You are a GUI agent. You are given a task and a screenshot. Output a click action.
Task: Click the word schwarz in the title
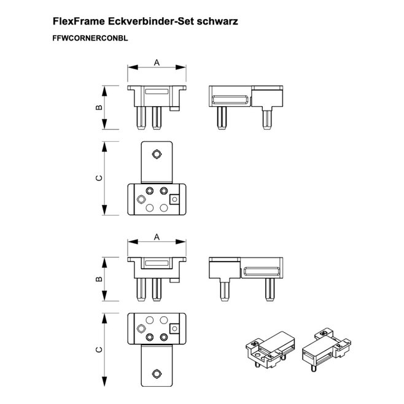(x=217, y=21)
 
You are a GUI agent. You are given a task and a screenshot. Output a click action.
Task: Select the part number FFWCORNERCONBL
(x=90, y=38)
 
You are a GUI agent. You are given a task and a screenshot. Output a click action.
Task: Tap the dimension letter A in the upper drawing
(x=157, y=63)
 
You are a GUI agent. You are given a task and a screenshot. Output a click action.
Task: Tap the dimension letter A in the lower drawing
(x=157, y=237)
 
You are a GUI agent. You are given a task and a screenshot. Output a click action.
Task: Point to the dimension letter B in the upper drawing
(x=99, y=107)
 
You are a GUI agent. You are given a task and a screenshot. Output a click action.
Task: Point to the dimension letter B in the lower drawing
(x=99, y=279)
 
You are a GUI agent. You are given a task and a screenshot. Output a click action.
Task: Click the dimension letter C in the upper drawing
(x=99, y=178)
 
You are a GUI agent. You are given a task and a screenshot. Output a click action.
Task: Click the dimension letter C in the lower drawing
(x=99, y=349)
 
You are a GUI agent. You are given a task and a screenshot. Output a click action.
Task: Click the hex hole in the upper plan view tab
(x=157, y=154)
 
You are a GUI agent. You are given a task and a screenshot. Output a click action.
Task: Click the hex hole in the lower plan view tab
(x=157, y=373)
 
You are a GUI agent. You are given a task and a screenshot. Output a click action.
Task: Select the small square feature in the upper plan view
(x=174, y=199)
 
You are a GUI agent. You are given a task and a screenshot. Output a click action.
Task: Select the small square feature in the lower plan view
(x=174, y=328)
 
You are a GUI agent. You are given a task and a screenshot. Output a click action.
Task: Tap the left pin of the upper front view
(x=141, y=118)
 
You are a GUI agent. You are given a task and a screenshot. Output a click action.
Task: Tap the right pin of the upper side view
(x=267, y=118)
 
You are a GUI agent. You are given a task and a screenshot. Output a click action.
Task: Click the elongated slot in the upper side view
(x=230, y=100)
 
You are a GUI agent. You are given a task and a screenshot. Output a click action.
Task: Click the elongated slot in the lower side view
(x=262, y=272)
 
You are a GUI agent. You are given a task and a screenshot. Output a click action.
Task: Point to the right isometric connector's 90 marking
(x=322, y=333)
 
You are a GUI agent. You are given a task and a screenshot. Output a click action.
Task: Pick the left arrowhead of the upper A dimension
(x=133, y=68)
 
